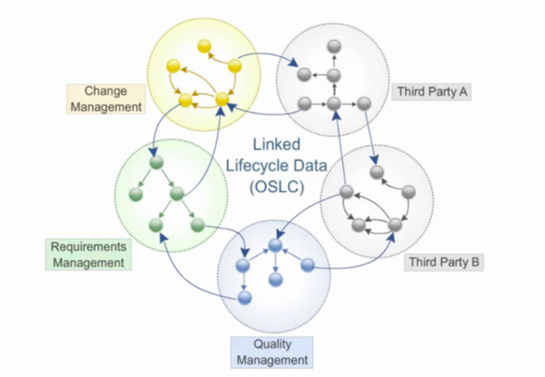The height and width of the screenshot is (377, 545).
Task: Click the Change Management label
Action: (x=105, y=99)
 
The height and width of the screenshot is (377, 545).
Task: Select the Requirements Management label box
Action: (x=89, y=254)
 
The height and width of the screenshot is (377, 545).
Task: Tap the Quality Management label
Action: (x=271, y=353)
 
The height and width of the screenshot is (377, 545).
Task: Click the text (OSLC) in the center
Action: (x=275, y=187)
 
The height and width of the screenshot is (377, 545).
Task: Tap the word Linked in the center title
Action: (x=276, y=145)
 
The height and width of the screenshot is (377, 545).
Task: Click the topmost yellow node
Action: (x=204, y=47)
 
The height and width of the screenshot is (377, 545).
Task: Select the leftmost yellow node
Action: (x=174, y=68)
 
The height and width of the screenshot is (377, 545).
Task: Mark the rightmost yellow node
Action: (x=235, y=66)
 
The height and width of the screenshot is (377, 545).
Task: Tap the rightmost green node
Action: (x=197, y=224)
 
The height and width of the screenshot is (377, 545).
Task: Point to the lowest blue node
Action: (x=244, y=298)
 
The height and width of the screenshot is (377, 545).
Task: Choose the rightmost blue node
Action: (x=306, y=264)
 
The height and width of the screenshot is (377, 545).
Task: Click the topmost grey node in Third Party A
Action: (x=334, y=46)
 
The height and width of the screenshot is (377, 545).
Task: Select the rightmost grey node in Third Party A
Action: (x=364, y=104)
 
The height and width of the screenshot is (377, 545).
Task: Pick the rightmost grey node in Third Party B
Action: (x=409, y=192)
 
